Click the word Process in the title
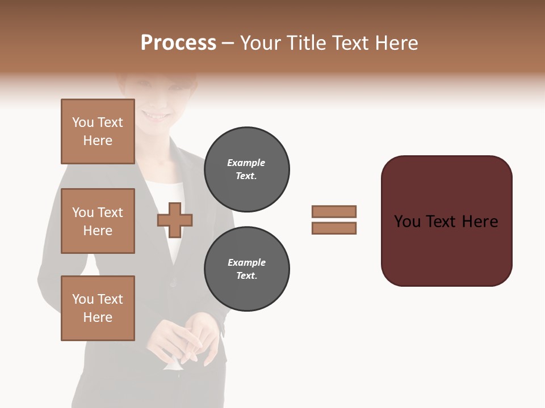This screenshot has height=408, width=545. pos(178,43)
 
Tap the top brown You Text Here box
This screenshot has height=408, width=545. pos(98,131)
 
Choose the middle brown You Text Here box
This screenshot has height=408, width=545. pos(98,221)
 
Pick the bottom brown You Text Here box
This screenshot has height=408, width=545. pos(98,308)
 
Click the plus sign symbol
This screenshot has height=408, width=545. pos(175,220)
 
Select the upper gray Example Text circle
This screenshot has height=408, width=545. pos(246,169)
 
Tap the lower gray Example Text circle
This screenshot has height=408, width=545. pos(246,269)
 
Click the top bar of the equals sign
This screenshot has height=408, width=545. pos(334,212)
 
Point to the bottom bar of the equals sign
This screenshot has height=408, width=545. pos(334,228)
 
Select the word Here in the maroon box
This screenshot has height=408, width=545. pos(480,222)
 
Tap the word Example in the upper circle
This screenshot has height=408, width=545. pos(246,163)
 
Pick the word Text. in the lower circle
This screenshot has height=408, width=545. pos(246,276)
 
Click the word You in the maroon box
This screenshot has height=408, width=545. pos(408,222)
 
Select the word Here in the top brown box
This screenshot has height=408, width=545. pos(98,141)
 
